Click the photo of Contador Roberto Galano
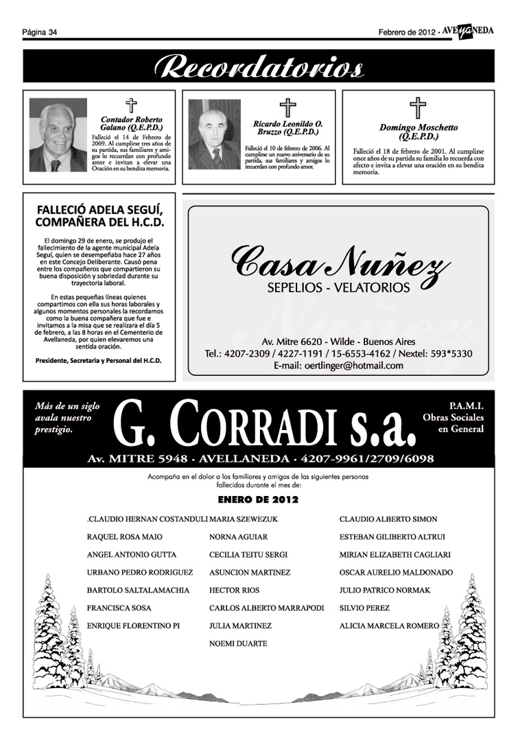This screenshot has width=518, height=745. [x=58, y=135]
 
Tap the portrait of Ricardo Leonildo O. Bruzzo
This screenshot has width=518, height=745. [x=214, y=134]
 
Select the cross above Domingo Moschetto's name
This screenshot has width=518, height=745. [x=417, y=108]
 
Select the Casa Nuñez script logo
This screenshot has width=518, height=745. [x=340, y=263]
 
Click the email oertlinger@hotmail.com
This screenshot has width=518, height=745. [x=338, y=366]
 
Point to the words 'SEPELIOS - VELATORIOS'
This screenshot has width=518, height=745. [x=338, y=287]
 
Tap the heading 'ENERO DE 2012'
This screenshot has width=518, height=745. [x=258, y=499]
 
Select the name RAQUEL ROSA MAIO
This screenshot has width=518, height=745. [x=125, y=537]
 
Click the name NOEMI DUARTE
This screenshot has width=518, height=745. [x=238, y=644]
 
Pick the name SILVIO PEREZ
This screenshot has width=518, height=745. [x=364, y=608]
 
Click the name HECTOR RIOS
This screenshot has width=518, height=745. [x=234, y=591]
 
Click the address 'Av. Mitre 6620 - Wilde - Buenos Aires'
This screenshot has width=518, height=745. [x=338, y=342]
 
